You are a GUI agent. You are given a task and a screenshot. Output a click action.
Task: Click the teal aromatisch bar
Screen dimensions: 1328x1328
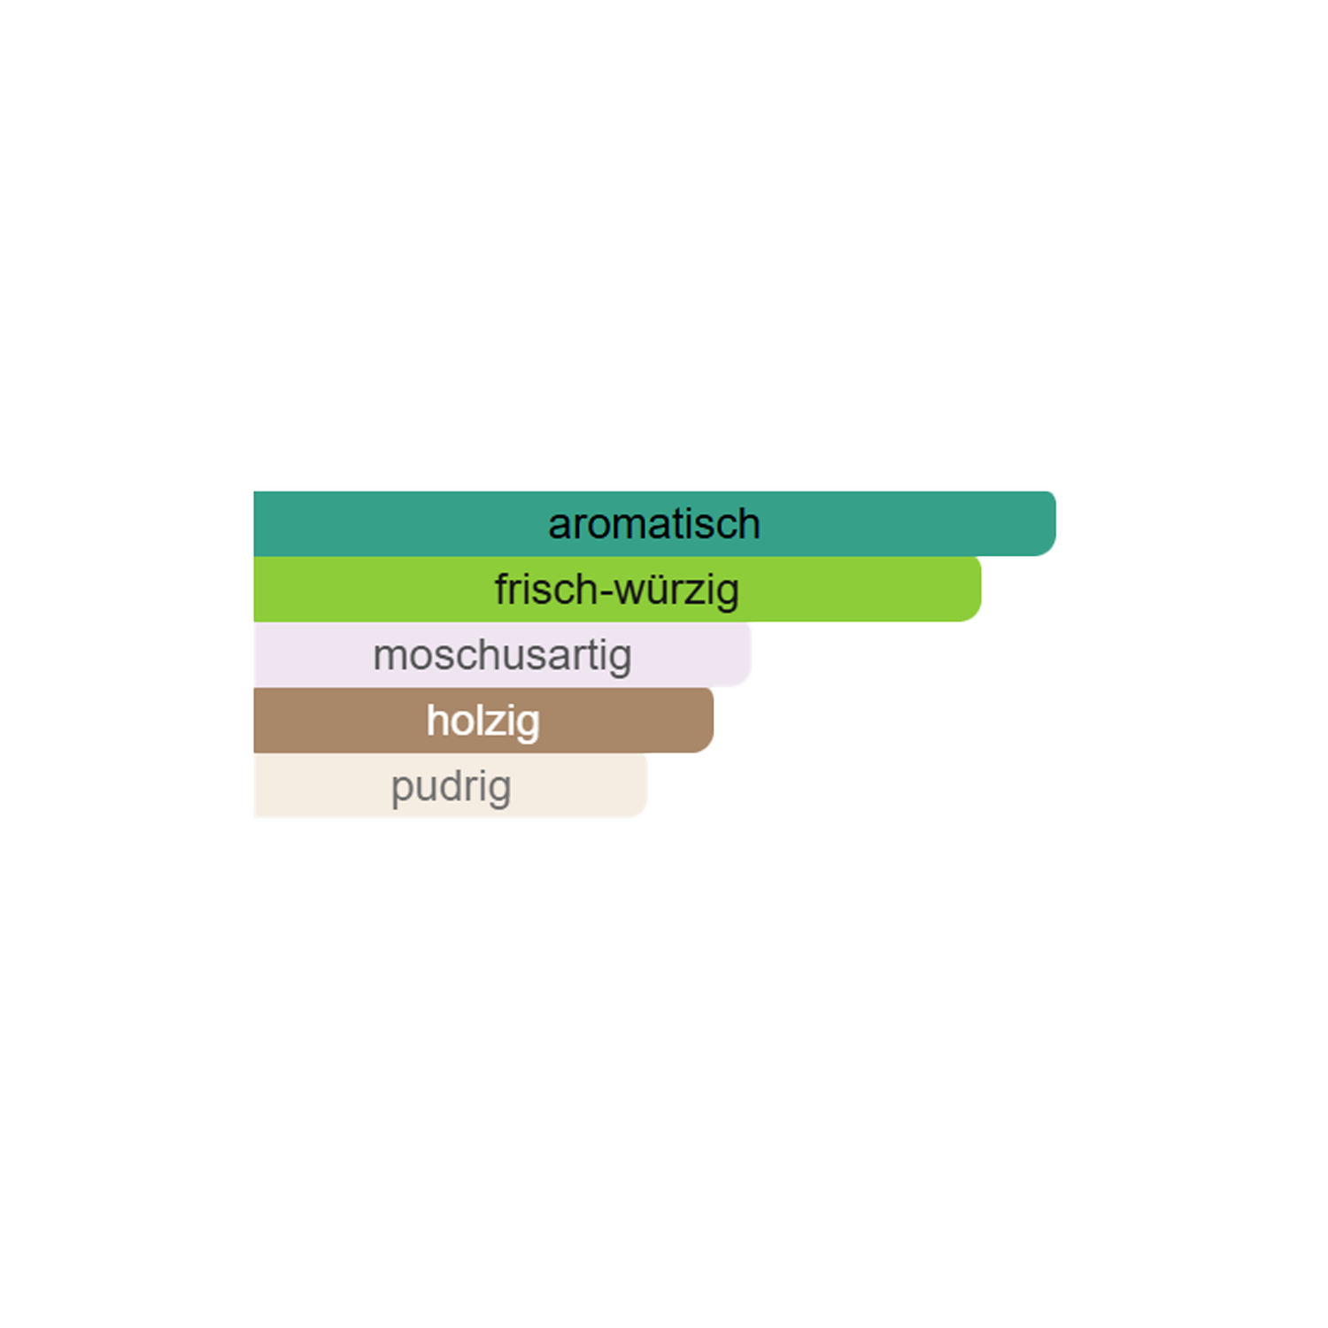pos(654,523)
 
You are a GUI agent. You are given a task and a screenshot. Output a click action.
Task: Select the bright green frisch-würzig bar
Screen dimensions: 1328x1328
pos(617,589)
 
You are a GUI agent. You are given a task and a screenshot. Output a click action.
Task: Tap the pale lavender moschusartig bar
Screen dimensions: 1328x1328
pos(502,654)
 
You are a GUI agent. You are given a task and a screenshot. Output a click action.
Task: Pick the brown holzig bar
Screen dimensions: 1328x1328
pos(483,720)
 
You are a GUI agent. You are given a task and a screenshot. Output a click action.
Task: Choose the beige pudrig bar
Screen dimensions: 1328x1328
pos(451,785)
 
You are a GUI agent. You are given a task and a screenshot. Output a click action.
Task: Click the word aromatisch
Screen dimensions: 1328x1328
pos(654,524)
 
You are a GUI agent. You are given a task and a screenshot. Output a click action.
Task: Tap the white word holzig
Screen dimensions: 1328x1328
pos(483,722)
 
